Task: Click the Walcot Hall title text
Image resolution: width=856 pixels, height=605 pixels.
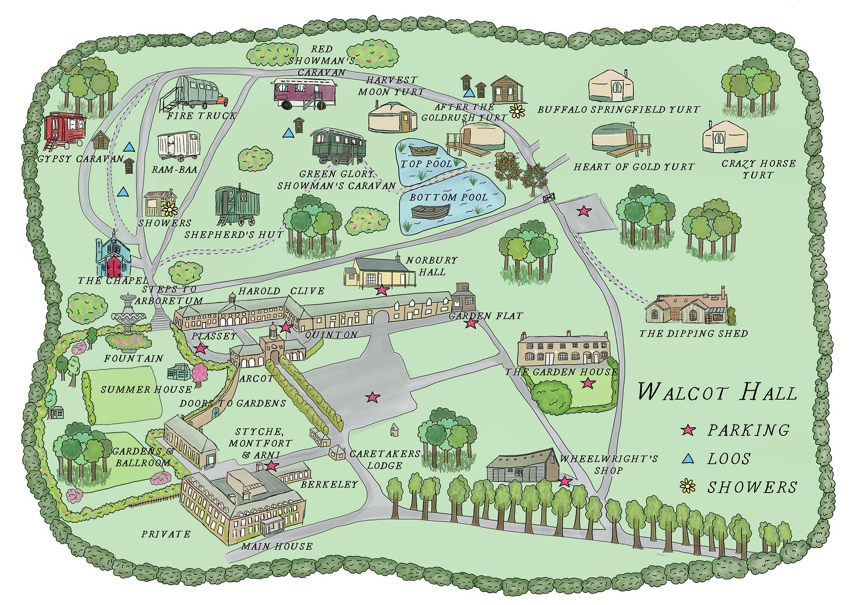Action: (717, 392)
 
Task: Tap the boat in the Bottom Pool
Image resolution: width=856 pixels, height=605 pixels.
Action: (430, 211)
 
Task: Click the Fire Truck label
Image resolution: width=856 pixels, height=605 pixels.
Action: (201, 116)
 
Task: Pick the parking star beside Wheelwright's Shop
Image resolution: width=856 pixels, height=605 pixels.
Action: (565, 481)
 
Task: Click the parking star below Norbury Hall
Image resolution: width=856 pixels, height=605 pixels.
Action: (382, 290)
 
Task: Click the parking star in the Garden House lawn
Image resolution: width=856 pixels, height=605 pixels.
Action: (587, 383)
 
